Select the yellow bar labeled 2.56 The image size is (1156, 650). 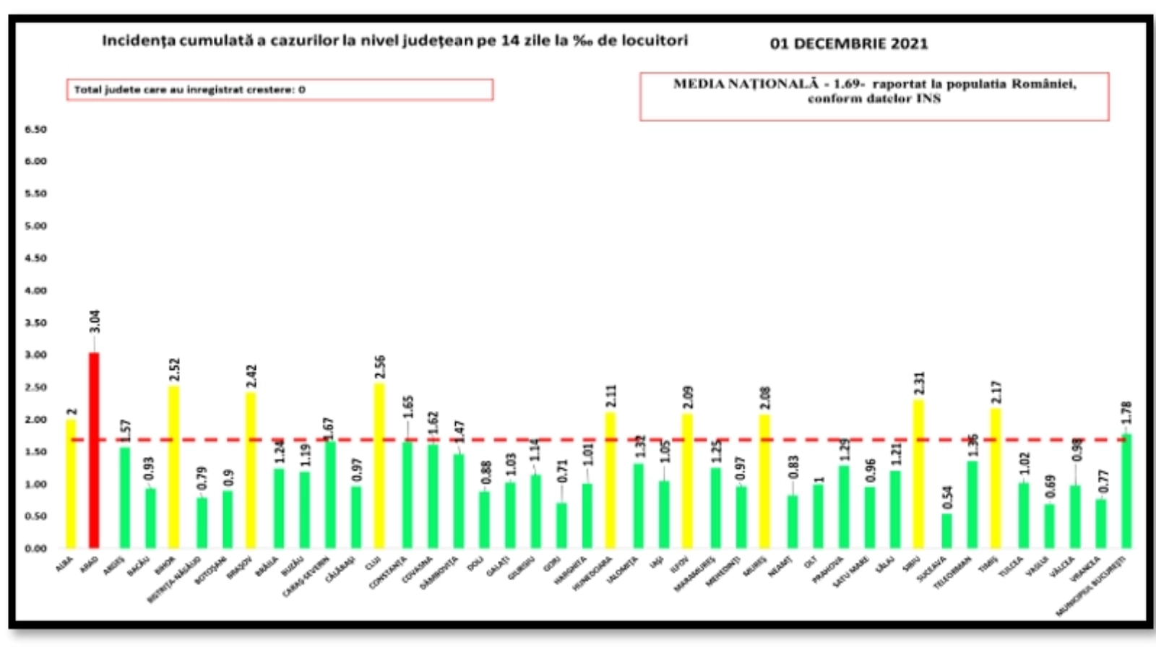click(379, 466)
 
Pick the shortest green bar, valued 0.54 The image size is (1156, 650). click(947, 531)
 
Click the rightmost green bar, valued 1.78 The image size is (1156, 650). click(1126, 491)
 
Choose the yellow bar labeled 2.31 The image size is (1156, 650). click(918, 474)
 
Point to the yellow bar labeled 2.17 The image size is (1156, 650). click(995, 478)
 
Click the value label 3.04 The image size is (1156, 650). click(95, 321)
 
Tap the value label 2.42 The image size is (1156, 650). click(251, 376)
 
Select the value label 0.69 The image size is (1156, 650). click(1050, 486)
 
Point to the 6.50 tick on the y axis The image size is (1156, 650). click(36, 129)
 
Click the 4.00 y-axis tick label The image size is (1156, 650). click(36, 290)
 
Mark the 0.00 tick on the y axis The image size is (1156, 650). click(36, 548)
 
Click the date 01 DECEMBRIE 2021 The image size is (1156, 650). click(849, 43)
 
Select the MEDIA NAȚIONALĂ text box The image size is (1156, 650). click(874, 96)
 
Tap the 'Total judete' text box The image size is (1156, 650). click(280, 90)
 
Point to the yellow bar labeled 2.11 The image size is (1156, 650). click(611, 480)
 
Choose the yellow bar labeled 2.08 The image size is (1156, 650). click(765, 481)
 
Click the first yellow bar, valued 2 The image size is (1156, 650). click(71, 484)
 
